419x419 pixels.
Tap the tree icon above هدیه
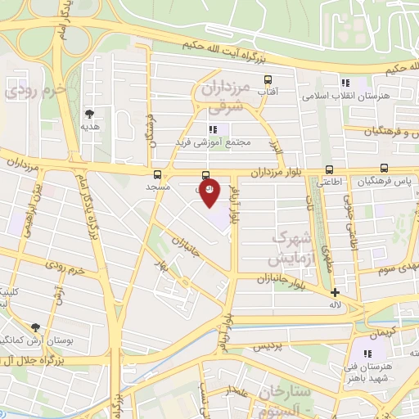point(89,114)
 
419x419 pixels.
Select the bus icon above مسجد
point(158,173)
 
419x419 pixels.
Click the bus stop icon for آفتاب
point(267,80)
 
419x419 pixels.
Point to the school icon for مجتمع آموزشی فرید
point(213,129)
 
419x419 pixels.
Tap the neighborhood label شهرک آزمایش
point(292,248)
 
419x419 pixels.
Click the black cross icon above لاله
point(335,292)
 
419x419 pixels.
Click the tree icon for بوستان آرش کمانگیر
point(34,327)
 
